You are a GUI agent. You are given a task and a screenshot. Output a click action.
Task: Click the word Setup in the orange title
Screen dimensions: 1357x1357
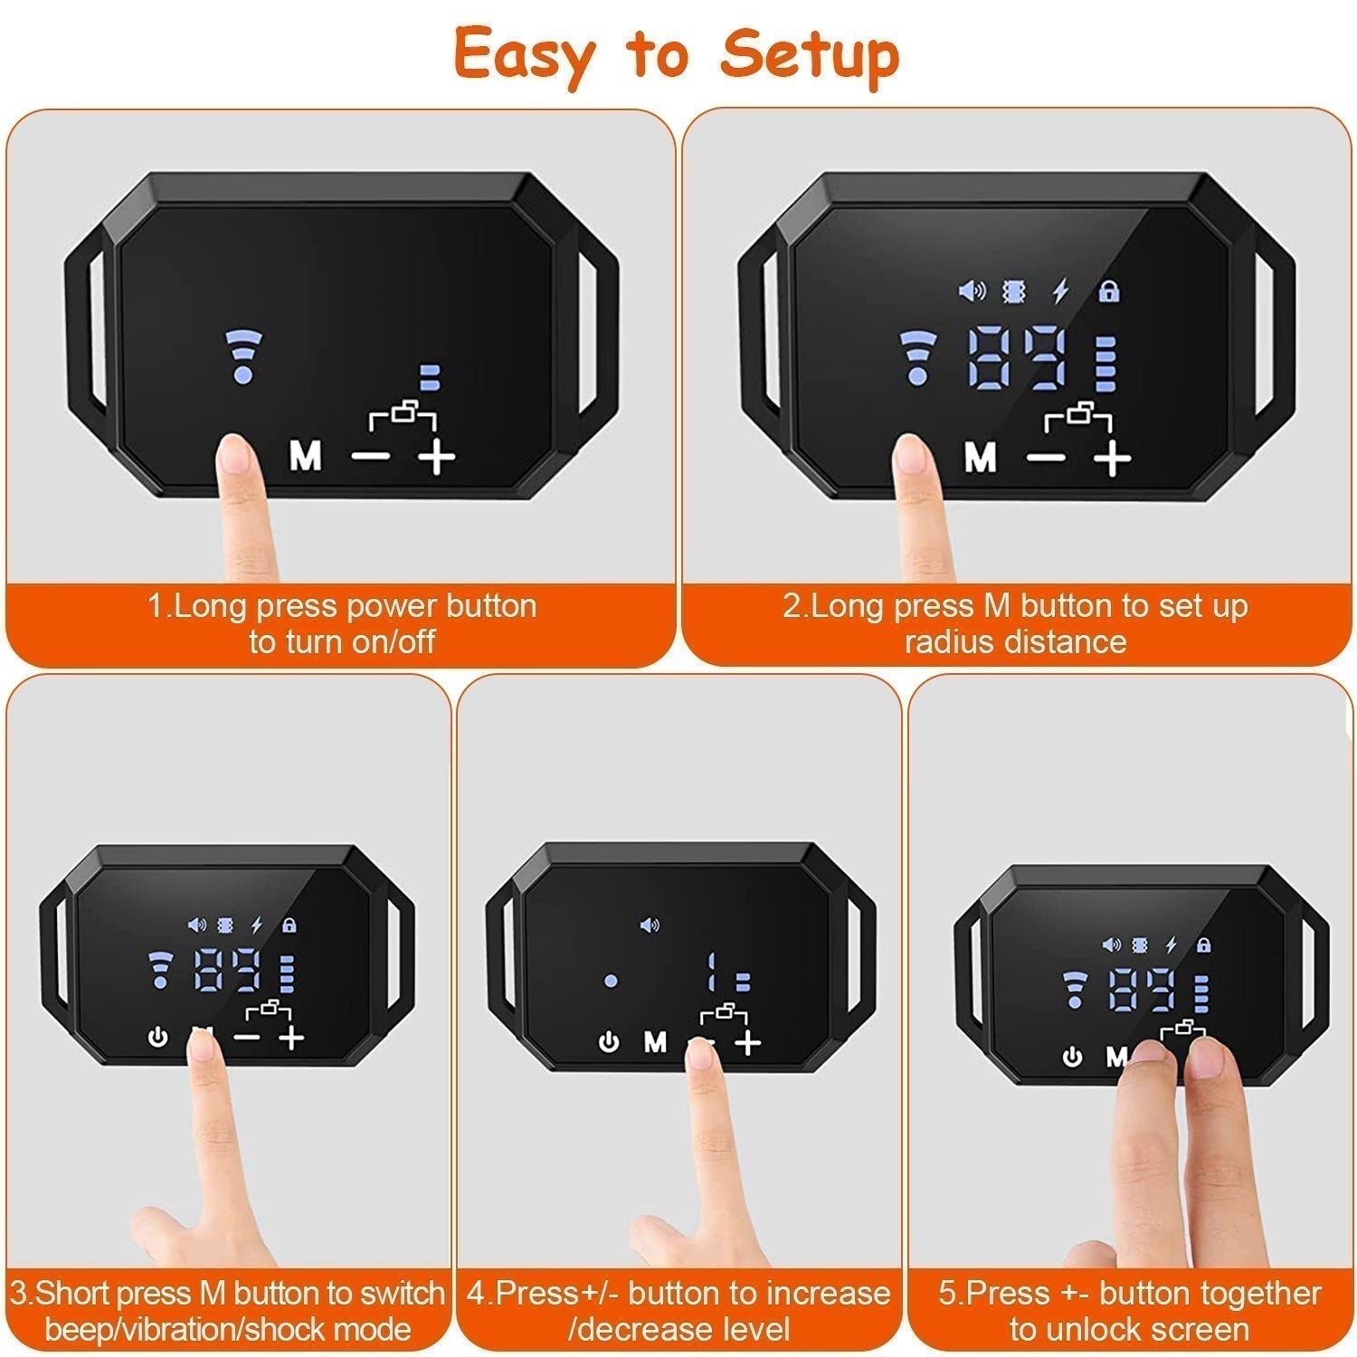click(810, 56)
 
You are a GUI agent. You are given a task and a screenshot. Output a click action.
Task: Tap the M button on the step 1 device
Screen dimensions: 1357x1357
click(306, 456)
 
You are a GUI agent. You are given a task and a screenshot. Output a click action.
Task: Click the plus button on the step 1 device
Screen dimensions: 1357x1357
click(437, 458)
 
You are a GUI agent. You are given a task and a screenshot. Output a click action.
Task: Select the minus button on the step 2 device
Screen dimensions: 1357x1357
click(1048, 458)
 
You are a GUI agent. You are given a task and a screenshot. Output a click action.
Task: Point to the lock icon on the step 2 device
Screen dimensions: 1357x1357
click(1109, 291)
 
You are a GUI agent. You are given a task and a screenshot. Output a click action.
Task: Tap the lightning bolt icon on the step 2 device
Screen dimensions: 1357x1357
click(1060, 291)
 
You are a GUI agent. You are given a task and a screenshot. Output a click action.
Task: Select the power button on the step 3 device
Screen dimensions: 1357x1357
click(158, 1038)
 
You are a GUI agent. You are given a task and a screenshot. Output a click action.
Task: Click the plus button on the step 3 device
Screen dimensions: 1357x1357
click(291, 1038)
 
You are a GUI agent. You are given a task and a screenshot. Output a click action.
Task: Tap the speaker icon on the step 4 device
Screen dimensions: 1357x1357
click(650, 925)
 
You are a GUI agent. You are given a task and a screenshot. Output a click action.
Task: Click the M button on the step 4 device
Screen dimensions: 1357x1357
click(655, 1043)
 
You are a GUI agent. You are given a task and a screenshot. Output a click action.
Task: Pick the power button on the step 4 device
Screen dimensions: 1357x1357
click(610, 1043)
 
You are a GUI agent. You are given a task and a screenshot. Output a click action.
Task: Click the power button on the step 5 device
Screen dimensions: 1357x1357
click(1073, 1057)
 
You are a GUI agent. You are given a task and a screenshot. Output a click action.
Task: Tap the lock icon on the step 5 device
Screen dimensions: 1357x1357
click(1203, 944)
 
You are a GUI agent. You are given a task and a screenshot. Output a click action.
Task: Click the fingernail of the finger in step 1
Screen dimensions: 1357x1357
click(234, 456)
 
